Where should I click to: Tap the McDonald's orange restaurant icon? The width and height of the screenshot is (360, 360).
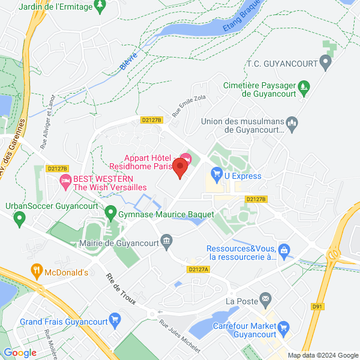point(37,272)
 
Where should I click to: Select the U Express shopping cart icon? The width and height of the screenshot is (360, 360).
point(217,176)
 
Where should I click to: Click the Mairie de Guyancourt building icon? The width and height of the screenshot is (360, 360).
point(167,242)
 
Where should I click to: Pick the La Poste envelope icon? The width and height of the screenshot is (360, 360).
point(266,300)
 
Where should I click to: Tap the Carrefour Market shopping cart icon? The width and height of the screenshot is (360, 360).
point(284,328)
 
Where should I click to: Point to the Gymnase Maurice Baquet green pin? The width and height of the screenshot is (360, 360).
point(110,213)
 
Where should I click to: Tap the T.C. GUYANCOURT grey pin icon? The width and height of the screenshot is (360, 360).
point(325,61)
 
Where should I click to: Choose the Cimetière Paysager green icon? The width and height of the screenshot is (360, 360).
point(304,87)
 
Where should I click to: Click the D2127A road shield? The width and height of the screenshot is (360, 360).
point(197,269)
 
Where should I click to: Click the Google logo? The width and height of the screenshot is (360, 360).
point(20,353)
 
